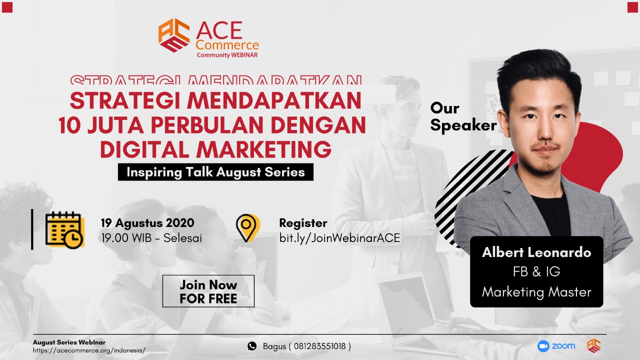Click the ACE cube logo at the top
tap(174, 35)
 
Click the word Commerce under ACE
tap(227, 45)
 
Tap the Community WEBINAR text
tap(227, 55)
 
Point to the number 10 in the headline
tap(69, 125)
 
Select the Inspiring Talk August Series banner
tap(215, 172)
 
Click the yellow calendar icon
tap(65, 229)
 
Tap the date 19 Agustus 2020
tap(147, 223)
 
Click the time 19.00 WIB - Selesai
tap(151, 238)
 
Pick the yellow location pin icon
tap(247, 228)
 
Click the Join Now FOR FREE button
tap(208, 291)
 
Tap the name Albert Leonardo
tap(536, 252)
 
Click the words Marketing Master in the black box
tap(536, 292)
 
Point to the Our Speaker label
tap(463, 116)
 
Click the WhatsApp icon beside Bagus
tap(252, 346)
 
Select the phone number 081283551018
tap(319, 346)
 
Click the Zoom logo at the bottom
tap(556, 346)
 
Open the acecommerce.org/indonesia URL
tap(89, 350)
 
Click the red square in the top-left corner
tap(7, 7)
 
